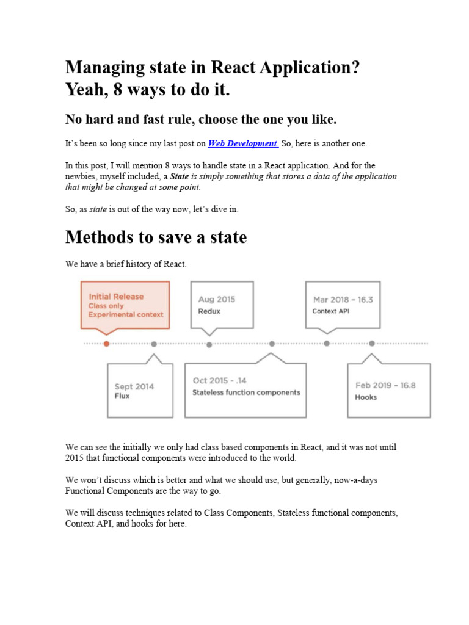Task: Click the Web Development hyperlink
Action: coord(243,143)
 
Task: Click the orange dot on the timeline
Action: coord(107,344)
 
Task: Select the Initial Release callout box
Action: coord(125,305)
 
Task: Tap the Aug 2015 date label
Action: coord(216,299)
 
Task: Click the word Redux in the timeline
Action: coord(209,311)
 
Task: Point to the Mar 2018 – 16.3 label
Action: coord(343,299)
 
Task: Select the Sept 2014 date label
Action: coord(134,386)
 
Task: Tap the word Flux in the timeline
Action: coord(122,396)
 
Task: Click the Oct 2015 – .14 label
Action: coord(219,381)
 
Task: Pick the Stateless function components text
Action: coord(246,392)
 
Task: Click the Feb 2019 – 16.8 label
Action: coord(385,385)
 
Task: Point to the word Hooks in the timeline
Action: coord(366,397)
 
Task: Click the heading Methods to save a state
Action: coord(156,237)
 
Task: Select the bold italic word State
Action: coord(179,176)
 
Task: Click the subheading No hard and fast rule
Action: coord(201,118)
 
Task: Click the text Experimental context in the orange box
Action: coord(126,315)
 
